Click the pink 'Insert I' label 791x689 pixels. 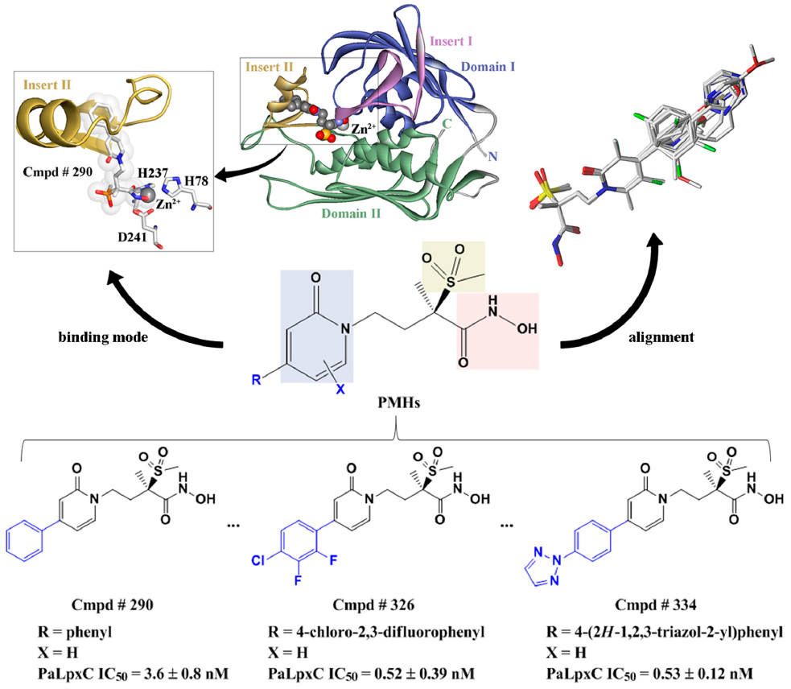[451, 41]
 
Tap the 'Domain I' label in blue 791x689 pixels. [488, 67]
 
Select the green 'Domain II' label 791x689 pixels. [351, 213]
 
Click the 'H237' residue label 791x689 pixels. [153, 173]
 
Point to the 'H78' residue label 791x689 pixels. [196, 181]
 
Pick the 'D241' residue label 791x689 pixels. [132, 237]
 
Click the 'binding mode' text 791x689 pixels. [104, 337]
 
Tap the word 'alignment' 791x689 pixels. [661, 337]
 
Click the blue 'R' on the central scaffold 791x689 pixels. [257, 380]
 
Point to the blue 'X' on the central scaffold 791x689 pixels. [340, 389]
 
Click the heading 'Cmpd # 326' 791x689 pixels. [373, 604]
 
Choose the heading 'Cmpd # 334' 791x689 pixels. [655, 604]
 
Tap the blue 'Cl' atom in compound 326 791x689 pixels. [257, 561]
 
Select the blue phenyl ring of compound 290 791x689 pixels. [25, 541]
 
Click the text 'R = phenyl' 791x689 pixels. [75, 632]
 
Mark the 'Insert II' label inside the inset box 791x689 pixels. [47, 85]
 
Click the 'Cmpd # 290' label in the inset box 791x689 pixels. [57, 171]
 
